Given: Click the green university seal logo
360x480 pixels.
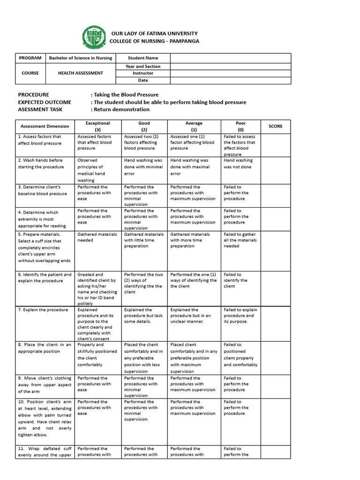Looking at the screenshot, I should coord(94,37).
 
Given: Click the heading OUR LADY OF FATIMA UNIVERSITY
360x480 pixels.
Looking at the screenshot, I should coord(154,34).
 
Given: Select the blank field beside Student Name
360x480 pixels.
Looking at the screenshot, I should coord(230,58).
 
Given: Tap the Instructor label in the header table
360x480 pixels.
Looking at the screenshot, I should coord(143,73).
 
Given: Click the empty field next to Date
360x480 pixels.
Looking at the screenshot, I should coord(230,80).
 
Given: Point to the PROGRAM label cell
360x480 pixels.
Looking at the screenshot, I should coord(30,58).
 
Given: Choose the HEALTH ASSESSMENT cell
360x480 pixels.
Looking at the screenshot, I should coord(81,73).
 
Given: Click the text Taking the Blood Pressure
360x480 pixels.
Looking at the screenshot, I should coord(126,95).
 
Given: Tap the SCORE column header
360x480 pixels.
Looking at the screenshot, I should coord(275,126).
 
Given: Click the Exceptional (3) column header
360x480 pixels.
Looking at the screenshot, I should coord(97,126).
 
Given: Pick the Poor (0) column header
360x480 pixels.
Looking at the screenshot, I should coord(240,126).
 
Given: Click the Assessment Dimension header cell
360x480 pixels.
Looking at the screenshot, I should coord(45,126).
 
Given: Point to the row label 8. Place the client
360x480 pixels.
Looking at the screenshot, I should coord(45,348).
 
